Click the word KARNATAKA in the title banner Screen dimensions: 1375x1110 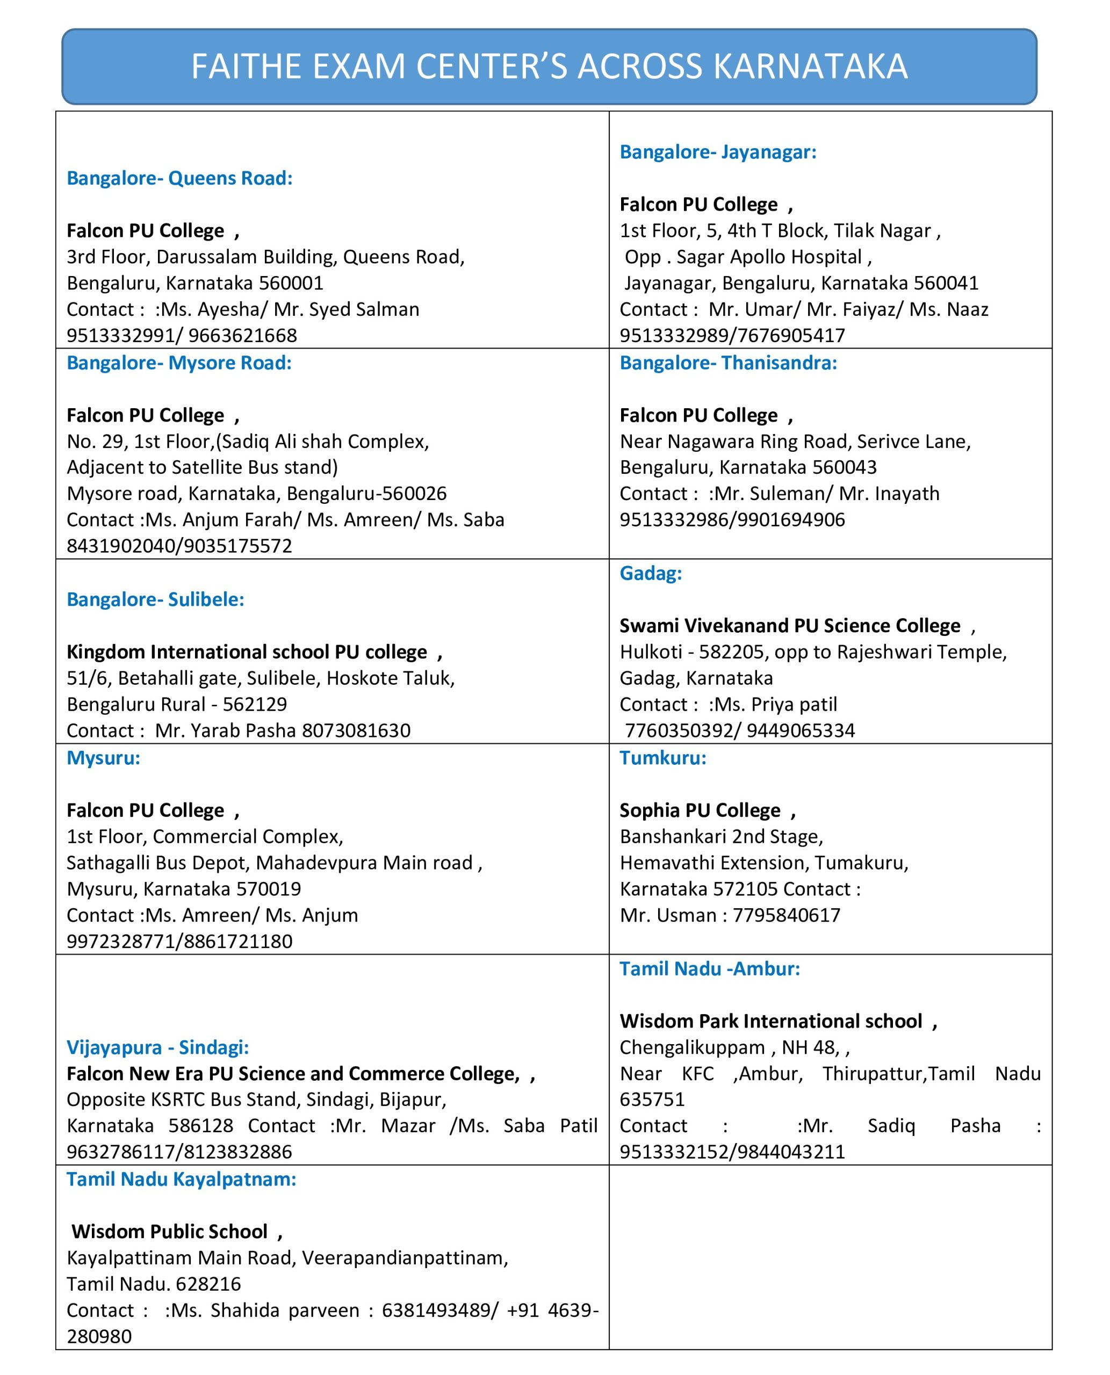coord(810,67)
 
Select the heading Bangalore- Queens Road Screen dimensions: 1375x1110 coord(179,178)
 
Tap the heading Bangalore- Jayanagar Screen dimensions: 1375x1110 coord(718,152)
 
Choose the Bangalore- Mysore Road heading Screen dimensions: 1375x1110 coord(179,363)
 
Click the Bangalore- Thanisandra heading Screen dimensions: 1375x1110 coord(729,363)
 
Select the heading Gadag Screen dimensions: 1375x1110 coord(650,574)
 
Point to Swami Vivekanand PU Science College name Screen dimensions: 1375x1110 coord(790,626)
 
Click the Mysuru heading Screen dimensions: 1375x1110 coord(104,758)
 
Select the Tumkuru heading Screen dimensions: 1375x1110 coord(663,758)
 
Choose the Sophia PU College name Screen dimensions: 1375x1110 coord(700,810)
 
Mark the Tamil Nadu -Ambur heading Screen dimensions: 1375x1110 coord(710,968)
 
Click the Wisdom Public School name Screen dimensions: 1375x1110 coord(169,1232)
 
